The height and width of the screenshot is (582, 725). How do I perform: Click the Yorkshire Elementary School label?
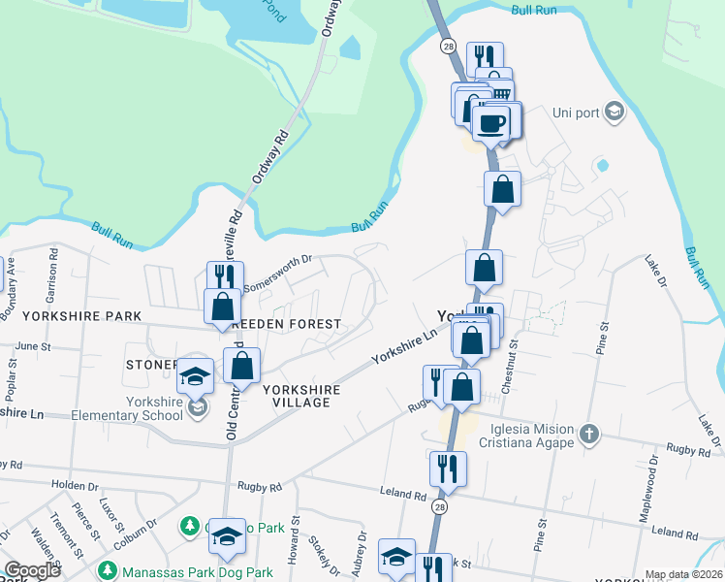pos(153,408)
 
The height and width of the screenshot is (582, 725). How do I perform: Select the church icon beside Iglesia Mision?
pos(589,431)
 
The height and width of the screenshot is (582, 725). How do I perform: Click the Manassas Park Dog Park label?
pos(184,572)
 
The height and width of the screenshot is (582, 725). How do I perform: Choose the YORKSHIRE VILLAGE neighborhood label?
pos(300,396)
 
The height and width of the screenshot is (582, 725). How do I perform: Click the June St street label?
pos(32,345)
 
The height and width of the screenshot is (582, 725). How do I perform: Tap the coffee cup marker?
pos(492,122)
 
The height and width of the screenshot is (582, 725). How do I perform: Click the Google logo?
pos(32,570)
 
